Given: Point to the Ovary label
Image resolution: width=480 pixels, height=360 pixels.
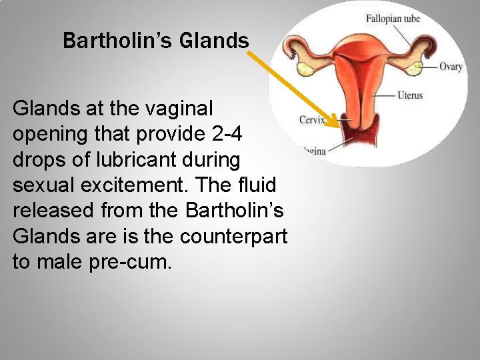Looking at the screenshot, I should point(451,67).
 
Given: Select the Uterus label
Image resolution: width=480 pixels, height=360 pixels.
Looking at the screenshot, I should point(409,95).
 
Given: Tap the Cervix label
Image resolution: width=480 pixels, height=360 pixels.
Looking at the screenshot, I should point(312,121).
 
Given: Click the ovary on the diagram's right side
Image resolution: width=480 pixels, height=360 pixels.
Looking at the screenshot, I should point(413,67).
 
